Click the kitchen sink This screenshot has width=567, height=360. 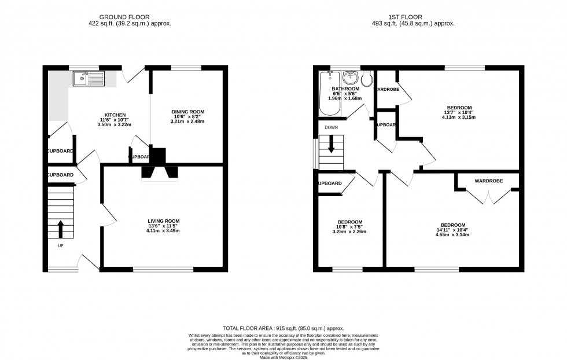pos(89,79)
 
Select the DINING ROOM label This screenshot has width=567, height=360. pos(187,112)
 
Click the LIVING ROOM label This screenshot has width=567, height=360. pos(163,221)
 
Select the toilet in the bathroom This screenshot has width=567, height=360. pos(367,78)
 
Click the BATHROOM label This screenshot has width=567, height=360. pos(345,89)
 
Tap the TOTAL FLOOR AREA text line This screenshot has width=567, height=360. pos(283,328)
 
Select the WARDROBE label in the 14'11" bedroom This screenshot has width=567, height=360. pos(489,181)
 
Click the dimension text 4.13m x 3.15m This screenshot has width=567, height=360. pos(458,117)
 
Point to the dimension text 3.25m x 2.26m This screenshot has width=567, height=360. pos(349,232)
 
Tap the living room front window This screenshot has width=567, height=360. pos(163,269)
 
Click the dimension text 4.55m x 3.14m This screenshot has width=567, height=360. pos(452,235)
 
